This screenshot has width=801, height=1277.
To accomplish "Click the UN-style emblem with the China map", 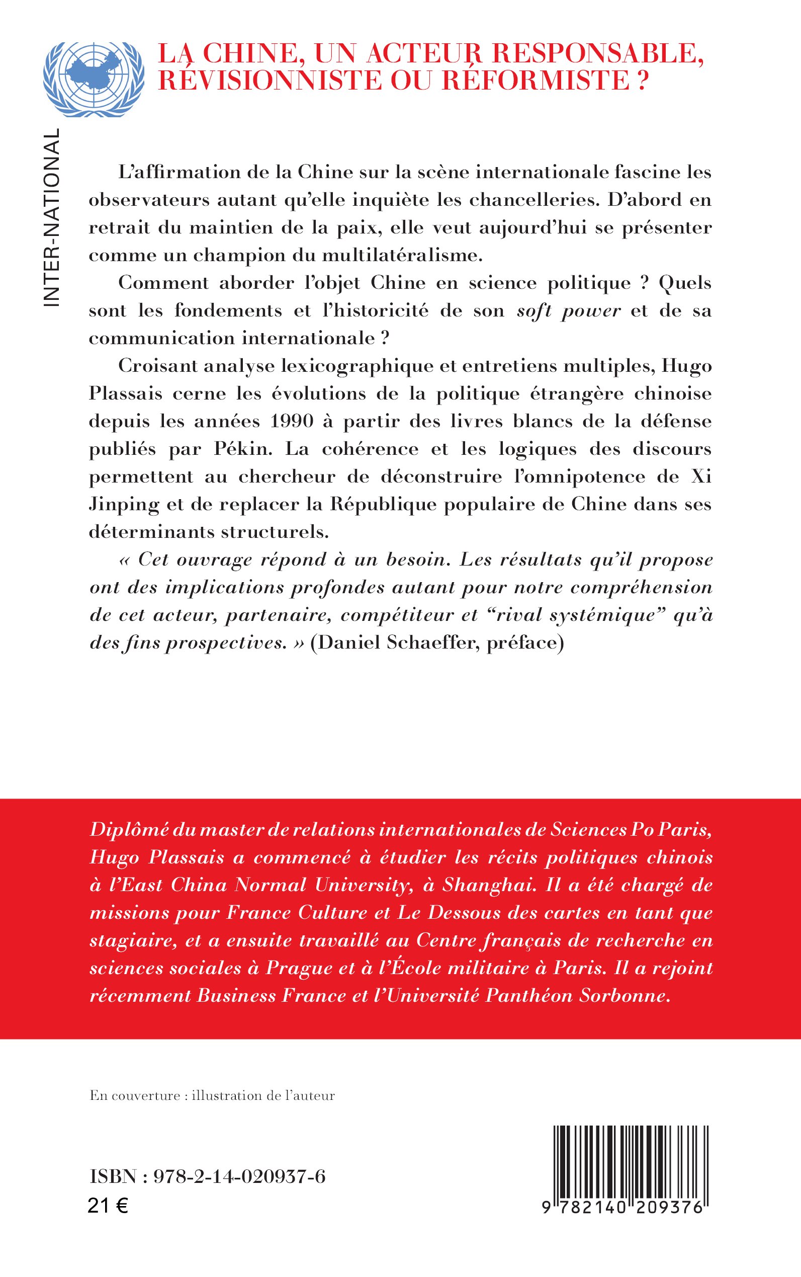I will pyautogui.click(x=94, y=79).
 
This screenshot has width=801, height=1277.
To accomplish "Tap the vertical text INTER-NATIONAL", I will pyautogui.click(x=51, y=217).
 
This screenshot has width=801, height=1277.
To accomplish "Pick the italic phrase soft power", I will pyautogui.click(x=568, y=310).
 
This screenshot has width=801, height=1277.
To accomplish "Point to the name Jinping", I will pyautogui.click(x=124, y=505).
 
